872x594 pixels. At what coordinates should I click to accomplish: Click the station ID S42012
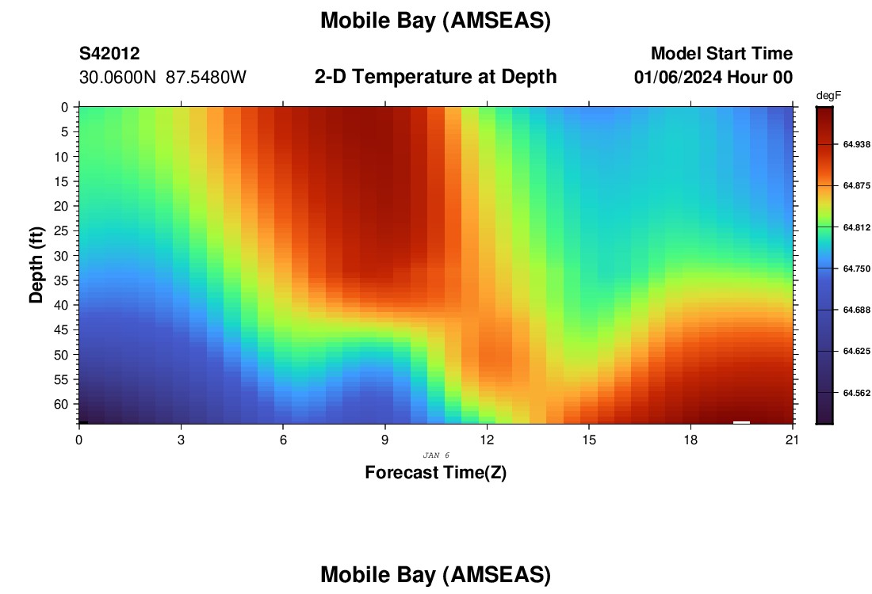(x=109, y=53)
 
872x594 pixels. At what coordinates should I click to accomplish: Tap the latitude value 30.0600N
(x=118, y=78)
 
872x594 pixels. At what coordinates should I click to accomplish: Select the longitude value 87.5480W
(x=206, y=78)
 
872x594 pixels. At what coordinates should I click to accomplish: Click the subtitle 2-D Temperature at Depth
(x=435, y=77)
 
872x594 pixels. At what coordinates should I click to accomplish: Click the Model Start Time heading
(x=722, y=53)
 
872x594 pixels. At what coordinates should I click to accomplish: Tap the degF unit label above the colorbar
(x=828, y=96)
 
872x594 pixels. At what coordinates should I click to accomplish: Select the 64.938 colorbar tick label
(x=856, y=144)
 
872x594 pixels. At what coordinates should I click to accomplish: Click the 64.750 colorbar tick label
(x=856, y=269)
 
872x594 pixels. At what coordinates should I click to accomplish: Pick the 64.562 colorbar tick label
(x=856, y=393)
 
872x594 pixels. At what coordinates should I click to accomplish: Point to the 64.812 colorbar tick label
(x=856, y=227)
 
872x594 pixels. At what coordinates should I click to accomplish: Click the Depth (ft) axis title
(x=36, y=265)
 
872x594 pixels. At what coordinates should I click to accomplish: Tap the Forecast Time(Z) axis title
(x=435, y=472)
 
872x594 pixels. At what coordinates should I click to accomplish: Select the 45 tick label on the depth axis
(x=61, y=330)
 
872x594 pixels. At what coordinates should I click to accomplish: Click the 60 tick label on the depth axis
(x=61, y=404)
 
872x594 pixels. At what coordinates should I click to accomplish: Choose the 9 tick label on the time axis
(x=384, y=440)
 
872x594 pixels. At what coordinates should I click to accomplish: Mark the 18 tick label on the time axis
(x=690, y=440)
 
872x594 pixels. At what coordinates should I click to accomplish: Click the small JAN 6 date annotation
(x=436, y=455)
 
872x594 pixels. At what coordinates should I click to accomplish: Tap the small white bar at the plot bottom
(x=741, y=422)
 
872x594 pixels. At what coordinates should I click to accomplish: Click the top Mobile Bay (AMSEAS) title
(x=435, y=21)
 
